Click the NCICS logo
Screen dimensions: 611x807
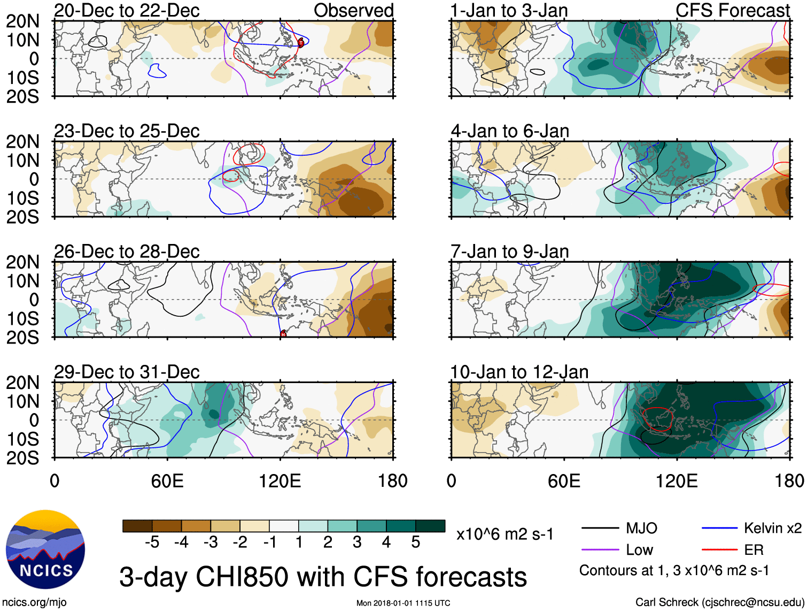(x=45, y=549)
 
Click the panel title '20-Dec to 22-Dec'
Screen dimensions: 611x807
(x=127, y=10)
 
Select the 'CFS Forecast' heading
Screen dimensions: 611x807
(x=732, y=10)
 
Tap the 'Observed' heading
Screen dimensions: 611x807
(x=353, y=10)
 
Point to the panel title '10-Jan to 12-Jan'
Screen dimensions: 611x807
(x=519, y=372)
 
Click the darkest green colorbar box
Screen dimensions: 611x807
(x=430, y=526)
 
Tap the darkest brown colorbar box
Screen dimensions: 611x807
(x=137, y=526)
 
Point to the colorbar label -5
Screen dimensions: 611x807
(x=152, y=543)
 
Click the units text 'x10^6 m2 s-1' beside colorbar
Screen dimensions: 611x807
(x=505, y=534)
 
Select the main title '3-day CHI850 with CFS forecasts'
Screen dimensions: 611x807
(x=323, y=577)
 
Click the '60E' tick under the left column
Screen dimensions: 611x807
(x=167, y=480)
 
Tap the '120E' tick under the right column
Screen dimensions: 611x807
(x=677, y=480)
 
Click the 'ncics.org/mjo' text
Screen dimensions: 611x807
(x=34, y=602)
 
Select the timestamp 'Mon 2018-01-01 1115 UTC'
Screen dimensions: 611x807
(x=403, y=603)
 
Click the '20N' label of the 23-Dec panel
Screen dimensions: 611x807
(x=22, y=142)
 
